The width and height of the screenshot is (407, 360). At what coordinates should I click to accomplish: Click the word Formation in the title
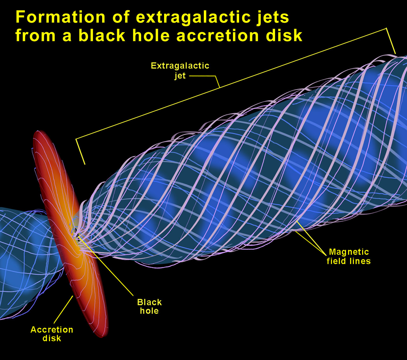tap(60, 17)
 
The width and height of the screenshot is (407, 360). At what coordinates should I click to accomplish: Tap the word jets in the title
tap(271, 17)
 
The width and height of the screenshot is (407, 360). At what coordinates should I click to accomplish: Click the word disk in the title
tap(284, 35)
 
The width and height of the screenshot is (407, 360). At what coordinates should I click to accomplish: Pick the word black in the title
tap(102, 35)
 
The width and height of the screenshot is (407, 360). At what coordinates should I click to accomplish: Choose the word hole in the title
tap(151, 35)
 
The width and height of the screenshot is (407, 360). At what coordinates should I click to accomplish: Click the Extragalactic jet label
tap(180, 70)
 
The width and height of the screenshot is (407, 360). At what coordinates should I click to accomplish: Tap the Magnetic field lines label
tap(349, 257)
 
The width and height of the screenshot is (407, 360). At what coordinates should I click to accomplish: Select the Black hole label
tap(149, 306)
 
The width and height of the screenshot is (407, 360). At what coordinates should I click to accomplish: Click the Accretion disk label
tap(52, 334)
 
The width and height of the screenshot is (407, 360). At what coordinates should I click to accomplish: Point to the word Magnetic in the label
tap(349, 252)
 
